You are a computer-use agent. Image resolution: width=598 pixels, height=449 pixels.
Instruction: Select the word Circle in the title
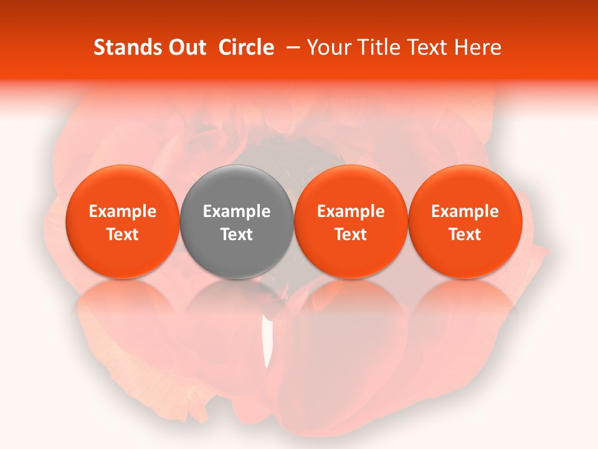246,47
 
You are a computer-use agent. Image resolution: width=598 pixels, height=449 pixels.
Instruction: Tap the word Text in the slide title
428,47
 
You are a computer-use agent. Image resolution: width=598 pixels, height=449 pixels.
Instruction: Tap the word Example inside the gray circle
237,212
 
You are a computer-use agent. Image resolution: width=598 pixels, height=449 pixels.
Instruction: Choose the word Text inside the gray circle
237,235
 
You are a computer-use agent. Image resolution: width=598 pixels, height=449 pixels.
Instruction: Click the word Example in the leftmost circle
122,212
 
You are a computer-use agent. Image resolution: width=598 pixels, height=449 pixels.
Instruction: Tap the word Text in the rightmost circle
465,235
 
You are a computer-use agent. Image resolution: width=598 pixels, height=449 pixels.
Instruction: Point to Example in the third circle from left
351,212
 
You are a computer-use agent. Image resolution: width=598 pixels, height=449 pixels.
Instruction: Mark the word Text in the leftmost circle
122,235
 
